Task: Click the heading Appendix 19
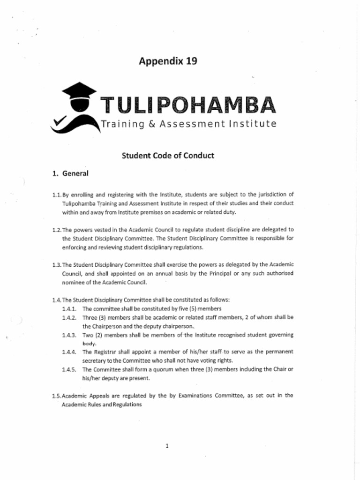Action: point(168,61)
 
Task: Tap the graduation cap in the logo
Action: point(79,90)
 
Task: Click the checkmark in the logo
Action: point(59,121)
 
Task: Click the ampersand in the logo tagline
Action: point(151,124)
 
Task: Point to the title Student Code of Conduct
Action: point(168,155)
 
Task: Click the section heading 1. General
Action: point(70,173)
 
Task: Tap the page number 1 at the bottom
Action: point(167,446)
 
